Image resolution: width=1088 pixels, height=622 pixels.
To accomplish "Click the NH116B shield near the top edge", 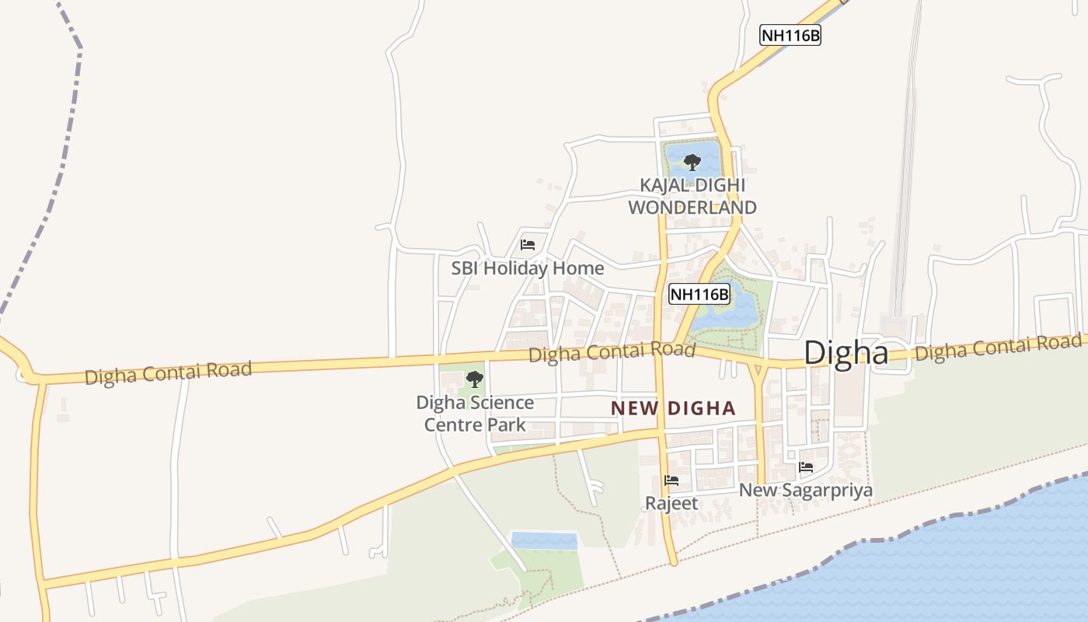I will coord(790,35).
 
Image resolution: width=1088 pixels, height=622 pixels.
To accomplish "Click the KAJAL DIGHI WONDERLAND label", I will coord(692,197).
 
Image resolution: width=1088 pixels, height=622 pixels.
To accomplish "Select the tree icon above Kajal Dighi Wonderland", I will coord(692,162).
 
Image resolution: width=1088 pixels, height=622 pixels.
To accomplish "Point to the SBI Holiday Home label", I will coord(528,268).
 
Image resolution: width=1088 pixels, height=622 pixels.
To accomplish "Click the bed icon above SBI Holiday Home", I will coord(528,245).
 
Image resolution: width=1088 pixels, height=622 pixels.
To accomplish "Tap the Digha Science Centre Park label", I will coord(475,414).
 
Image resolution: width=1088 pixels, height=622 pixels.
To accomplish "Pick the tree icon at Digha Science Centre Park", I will coord(474,379).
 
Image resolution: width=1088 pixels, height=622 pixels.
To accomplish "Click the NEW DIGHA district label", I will coord(673,407).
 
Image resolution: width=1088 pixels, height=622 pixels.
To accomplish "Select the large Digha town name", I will coord(846,353).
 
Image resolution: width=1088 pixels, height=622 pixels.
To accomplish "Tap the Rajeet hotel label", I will coord(671,503).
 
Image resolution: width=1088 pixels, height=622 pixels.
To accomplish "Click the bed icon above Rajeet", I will coord(671,480).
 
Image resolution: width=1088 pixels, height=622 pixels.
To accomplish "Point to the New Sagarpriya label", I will coord(805,491).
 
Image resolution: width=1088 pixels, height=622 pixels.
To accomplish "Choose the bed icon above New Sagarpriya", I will coord(806,467).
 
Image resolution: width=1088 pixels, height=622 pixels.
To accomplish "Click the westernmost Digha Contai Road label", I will coord(168,373).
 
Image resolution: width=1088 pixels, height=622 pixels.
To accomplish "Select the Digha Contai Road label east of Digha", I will coord(997,348).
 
